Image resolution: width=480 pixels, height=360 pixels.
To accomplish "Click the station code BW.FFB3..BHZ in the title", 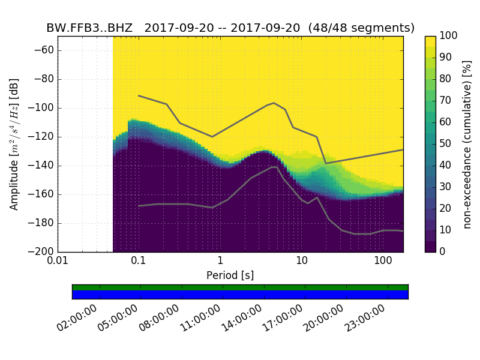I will click(89, 28).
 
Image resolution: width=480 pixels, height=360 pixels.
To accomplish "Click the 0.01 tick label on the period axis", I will click(58, 261).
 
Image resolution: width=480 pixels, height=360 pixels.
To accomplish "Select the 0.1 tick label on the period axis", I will click(139, 261).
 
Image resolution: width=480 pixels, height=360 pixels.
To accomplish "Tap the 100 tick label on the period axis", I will click(383, 261).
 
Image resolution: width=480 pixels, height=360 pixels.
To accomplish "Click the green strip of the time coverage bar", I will click(240, 287).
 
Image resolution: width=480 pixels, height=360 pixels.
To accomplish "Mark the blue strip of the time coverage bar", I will click(240, 295).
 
